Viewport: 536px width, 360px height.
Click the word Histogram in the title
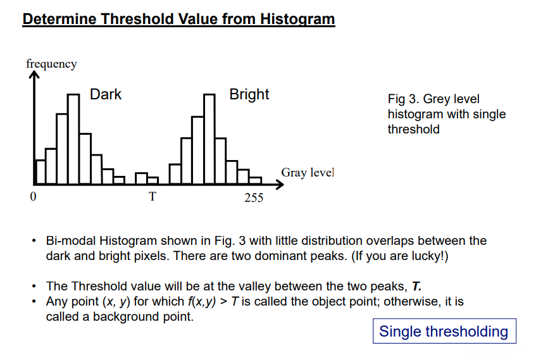click(x=297, y=19)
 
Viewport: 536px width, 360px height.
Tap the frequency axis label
click(x=52, y=65)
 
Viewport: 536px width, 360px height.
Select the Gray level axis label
click(x=308, y=173)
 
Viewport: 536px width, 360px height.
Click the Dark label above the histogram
click(x=106, y=94)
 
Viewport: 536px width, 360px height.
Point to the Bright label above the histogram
click(x=249, y=95)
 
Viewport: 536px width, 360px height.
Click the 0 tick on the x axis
click(x=33, y=196)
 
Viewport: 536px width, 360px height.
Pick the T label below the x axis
click(x=153, y=197)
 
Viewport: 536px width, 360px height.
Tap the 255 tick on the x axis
click(x=254, y=197)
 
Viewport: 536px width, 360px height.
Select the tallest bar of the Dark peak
click(x=73, y=139)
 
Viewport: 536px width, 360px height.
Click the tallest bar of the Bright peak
click(x=209, y=139)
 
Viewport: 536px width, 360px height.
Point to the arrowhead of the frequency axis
click(x=34, y=74)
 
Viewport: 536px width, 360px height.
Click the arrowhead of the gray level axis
click(x=280, y=185)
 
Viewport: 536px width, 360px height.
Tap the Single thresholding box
click(x=444, y=331)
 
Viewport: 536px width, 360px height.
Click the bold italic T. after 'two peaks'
click(x=416, y=286)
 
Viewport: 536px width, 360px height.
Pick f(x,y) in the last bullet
click(x=202, y=302)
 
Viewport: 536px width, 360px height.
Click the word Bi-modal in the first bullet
click(x=71, y=240)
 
